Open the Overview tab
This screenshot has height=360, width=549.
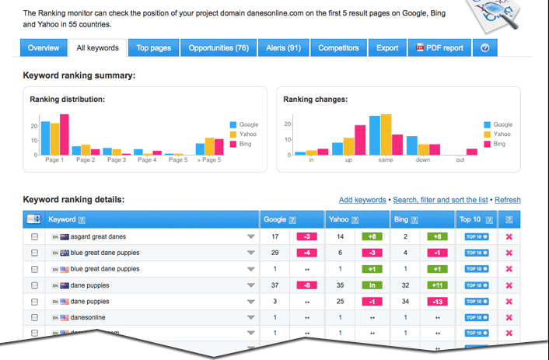click(44, 48)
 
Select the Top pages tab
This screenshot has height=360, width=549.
click(153, 48)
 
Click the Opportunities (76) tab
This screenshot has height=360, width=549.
click(219, 48)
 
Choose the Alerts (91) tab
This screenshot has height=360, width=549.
click(283, 48)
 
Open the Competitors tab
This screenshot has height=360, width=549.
click(338, 48)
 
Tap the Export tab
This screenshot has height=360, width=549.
click(387, 48)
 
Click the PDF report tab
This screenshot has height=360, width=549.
click(440, 48)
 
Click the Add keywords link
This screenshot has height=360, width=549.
click(362, 201)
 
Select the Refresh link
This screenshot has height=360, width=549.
click(508, 201)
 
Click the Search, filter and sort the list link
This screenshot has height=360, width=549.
click(440, 201)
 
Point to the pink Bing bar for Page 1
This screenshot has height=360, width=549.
click(65, 135)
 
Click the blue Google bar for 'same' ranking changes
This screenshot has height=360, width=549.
click(375, 135)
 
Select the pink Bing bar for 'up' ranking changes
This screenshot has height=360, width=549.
click(360, 140)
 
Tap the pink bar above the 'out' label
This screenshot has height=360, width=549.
click(471, 152)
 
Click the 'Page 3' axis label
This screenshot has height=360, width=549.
click(117, 160)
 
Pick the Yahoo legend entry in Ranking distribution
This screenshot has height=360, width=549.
click(248, 134)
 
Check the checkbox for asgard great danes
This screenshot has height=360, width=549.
click(34, 236)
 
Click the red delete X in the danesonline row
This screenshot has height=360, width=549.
click(509, 317)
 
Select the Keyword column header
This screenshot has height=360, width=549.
click(62, 220)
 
